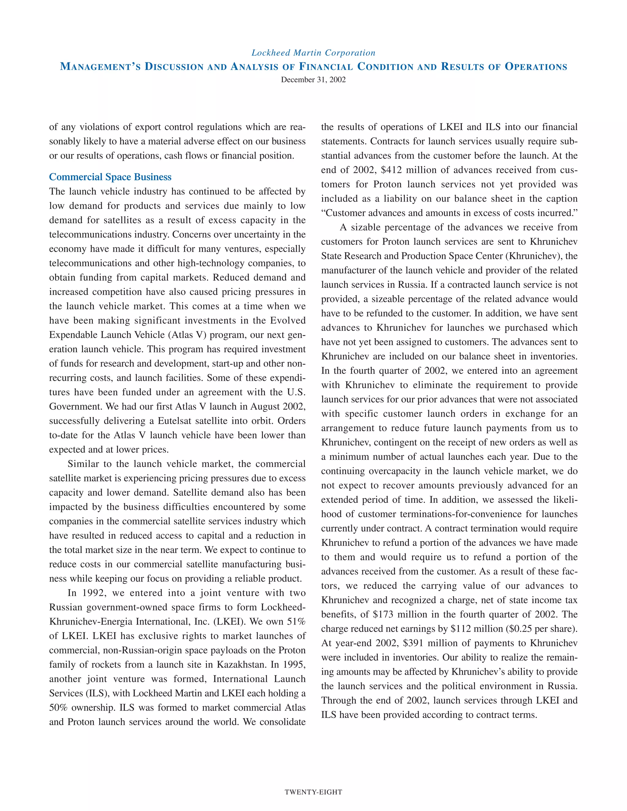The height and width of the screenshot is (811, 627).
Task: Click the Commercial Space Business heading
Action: pos(110,177)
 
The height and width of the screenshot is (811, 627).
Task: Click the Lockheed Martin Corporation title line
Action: pos(313,53)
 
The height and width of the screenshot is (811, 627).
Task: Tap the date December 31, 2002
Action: pos(313,80)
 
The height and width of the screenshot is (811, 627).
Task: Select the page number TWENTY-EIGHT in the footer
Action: pos(313,792)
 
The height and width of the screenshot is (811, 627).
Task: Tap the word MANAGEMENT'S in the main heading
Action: pos(100,67)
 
